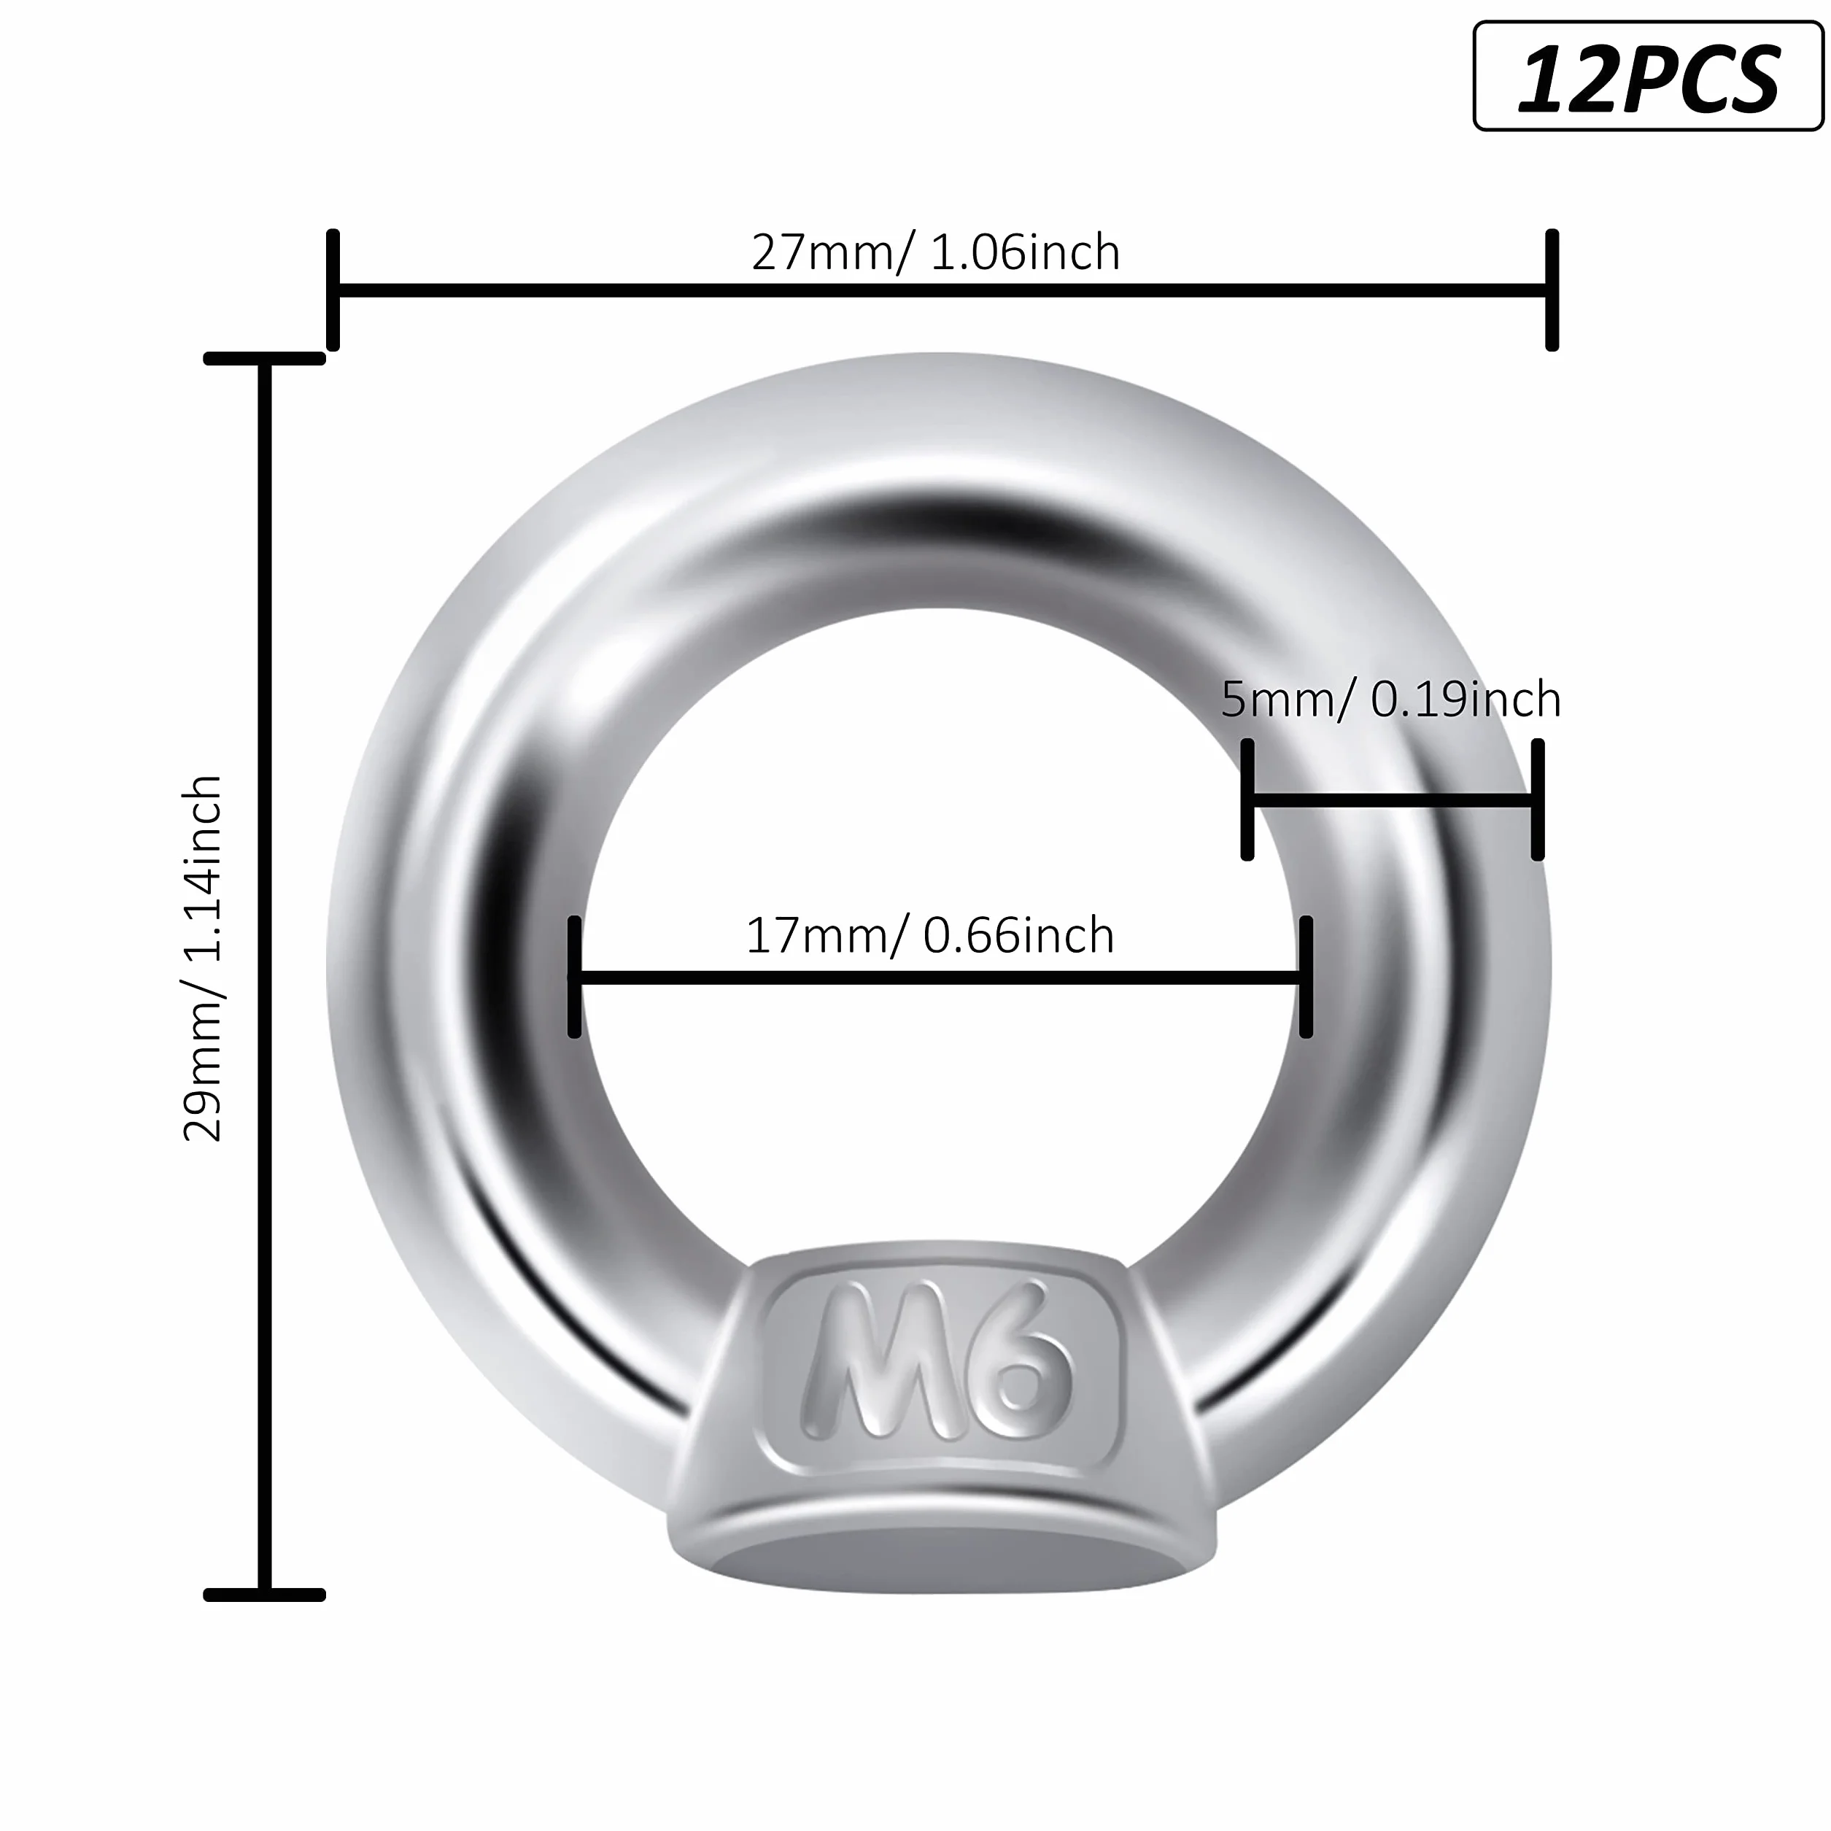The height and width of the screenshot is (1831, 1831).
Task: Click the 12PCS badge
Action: (1648, 76)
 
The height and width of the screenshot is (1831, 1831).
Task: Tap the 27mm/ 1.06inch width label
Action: (935, 252)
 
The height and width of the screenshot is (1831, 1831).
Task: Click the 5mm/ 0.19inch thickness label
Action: (1390, 700)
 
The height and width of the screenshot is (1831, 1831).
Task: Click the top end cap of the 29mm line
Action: (264, 358)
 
